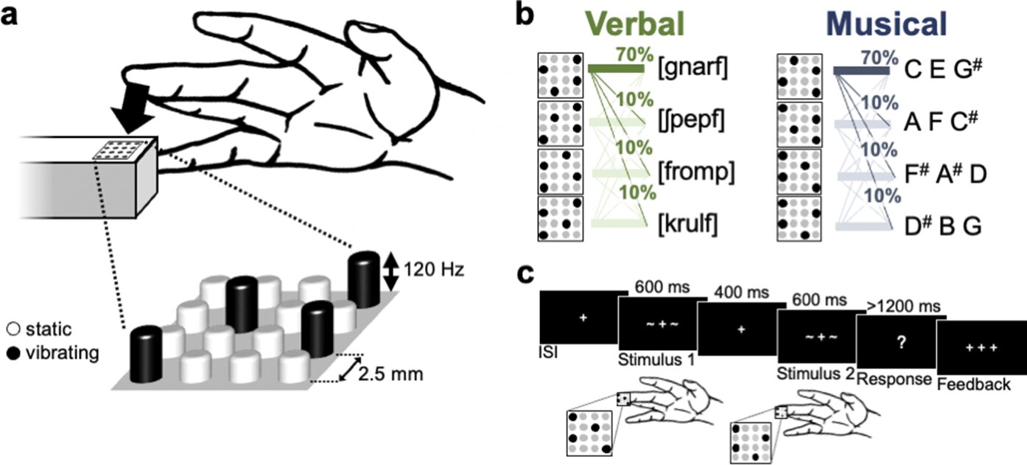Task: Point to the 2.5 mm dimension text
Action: [x=390, y=373]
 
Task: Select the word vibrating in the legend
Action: [x=62, y=353]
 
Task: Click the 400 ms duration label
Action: [x=743, y=293]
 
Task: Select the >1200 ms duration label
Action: [x=897, y=304]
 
